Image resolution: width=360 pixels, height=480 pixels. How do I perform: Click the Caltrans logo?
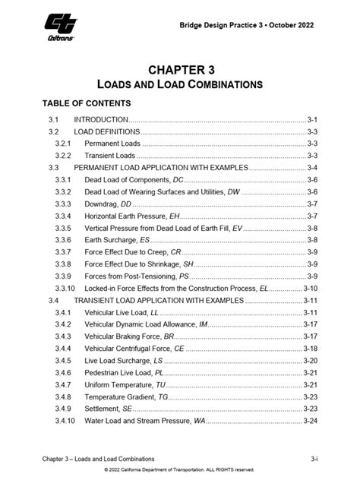(x=58, y=30)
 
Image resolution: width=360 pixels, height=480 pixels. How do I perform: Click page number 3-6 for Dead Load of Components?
(x=312, y=180)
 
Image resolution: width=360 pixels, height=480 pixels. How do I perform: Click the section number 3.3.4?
(x=63, y=216)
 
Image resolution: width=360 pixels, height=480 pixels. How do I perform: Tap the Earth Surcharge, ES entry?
(x=117, y=240)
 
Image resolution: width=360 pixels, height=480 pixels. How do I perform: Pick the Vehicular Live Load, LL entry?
(x=122, y=312)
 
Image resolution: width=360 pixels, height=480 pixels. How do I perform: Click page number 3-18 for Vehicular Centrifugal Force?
(x=310, y=348)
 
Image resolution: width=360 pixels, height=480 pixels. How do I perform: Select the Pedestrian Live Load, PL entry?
(x=124, y=372)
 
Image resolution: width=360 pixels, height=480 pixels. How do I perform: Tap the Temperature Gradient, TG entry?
(x=126, y=396)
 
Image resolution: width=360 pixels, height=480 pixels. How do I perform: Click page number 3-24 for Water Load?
(x=310, y=420)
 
